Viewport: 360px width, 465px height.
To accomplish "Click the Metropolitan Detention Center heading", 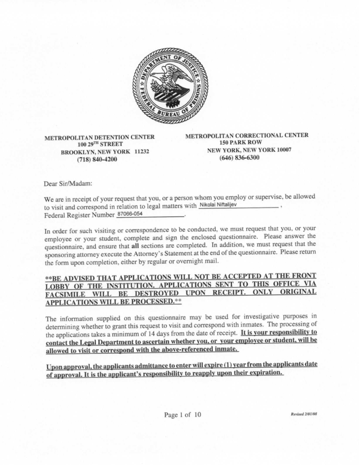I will pyautogui.click(x=99, y=137).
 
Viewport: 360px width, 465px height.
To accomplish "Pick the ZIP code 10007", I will pyautogui.click(x=282, y=150).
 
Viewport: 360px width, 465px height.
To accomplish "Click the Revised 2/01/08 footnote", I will pyautogui.click(x=304, y=415).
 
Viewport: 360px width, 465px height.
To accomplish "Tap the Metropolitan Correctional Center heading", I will pyautogui.click(x=247, y=135).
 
